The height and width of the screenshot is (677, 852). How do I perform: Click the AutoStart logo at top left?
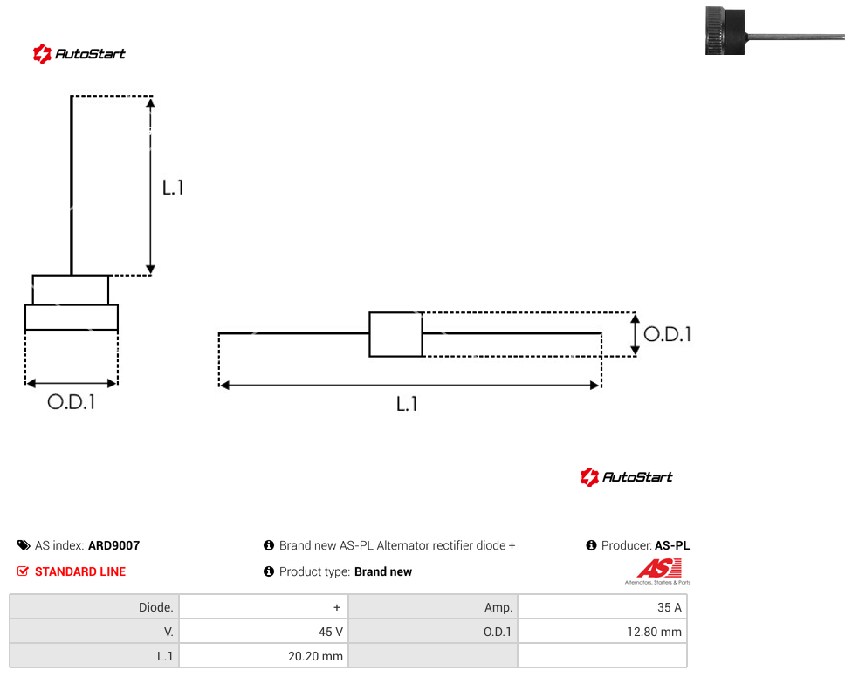tap(79, 54)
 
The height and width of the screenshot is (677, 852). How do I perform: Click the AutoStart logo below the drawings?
tap(626, 476)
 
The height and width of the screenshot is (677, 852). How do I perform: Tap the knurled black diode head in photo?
tap(725, 31)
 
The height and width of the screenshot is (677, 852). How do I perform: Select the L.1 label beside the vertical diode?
tap(173, 188)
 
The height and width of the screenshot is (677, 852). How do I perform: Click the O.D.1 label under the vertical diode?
tap(72, 402)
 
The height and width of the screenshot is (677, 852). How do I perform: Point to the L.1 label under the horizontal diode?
tap(407, 404)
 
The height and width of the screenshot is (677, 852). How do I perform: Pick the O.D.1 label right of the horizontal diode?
tap(667, 334)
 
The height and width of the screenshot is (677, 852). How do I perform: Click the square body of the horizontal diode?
tap(395, 334)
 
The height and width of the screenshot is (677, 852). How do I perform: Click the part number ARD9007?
tap(114, 545)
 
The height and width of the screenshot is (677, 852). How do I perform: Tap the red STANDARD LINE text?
tap(80, 571)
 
